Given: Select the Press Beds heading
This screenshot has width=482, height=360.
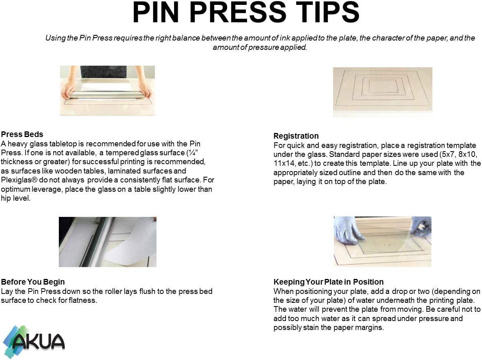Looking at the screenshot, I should tap(22, 134).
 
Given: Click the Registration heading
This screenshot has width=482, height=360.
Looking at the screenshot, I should tap(296, 136).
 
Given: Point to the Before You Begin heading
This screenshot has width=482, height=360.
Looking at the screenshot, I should tap(33, 282).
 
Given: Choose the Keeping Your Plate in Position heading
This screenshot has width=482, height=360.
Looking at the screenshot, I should tap(328, 282).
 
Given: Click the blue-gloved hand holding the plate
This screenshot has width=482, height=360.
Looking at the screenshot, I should tap(346, 229).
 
